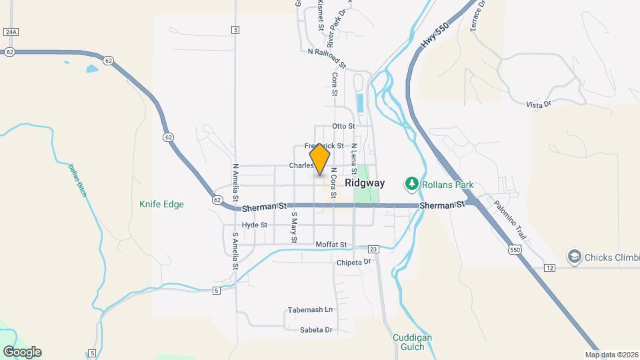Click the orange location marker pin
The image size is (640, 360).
point(320,159)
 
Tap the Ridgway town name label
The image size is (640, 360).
point(365,183)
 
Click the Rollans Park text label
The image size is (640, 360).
point(446,183)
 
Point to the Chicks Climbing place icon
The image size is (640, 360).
point(573,257)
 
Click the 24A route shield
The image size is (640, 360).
point(10,31)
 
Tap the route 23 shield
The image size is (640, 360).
point(373,249)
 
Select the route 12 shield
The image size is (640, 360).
point(549,267)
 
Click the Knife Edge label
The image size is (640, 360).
point(162,205)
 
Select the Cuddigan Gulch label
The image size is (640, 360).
point(412,342)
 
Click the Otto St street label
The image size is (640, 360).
point(344,126)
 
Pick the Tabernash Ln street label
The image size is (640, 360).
point(310,310)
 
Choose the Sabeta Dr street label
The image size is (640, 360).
point(315,330)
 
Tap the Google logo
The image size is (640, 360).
point(22,352)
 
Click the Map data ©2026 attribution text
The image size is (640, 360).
point(611,355)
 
